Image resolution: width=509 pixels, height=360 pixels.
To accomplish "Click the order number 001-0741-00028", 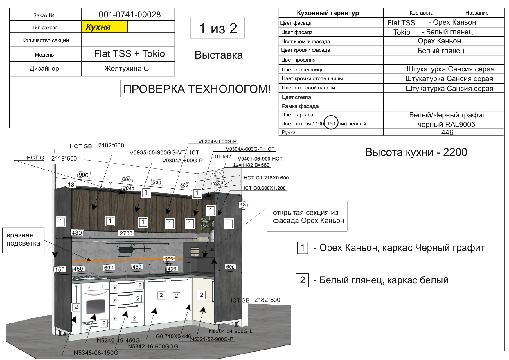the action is (130, 15).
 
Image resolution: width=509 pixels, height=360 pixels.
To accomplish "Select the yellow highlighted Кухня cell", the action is (105, 27).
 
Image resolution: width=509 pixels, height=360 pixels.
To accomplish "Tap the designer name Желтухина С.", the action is (127, 69).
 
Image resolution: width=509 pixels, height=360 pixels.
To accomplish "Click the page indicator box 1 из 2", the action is (217, 28).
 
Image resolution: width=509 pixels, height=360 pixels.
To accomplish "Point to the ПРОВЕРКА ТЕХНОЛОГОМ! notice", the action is (197, 89).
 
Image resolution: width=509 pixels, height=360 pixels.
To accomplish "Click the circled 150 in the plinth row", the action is (331, 123).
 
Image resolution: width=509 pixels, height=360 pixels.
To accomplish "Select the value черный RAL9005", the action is (446, 124).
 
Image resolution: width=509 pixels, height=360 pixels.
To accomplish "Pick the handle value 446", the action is (447, 132).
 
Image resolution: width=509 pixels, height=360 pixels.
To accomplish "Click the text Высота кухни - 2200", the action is (416, 152).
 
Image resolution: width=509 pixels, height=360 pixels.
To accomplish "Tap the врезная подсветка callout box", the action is (24, 240).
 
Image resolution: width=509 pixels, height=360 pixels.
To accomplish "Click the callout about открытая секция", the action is (307, 216).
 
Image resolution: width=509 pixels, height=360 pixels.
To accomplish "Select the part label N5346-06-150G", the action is (96, 353).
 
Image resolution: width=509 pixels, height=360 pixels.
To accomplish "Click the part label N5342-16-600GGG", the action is (153, 346).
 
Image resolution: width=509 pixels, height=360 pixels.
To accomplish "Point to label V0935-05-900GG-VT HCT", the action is (164, 152).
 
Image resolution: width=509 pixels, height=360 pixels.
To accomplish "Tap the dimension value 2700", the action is (126, 233).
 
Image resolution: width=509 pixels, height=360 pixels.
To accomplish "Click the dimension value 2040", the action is (128, 188).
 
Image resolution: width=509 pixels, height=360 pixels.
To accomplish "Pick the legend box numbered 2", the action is (302, 280).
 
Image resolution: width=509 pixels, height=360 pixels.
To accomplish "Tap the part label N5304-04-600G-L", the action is (231, 331).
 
